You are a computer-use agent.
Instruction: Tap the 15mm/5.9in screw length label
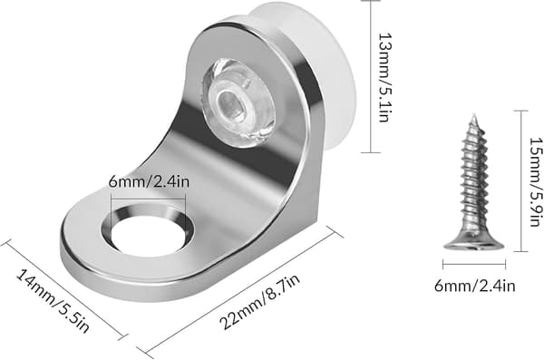tap(537, 182)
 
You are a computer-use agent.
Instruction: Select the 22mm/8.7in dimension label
tap(259, 302)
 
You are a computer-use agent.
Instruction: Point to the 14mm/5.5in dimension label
tap(53, 301)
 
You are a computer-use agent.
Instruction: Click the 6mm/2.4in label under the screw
tap(474, 286)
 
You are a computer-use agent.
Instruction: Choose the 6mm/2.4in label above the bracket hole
tap(149, 181)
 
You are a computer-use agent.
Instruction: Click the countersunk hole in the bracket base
tap(148, 230)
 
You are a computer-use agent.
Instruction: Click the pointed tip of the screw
tap(473, 114)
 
